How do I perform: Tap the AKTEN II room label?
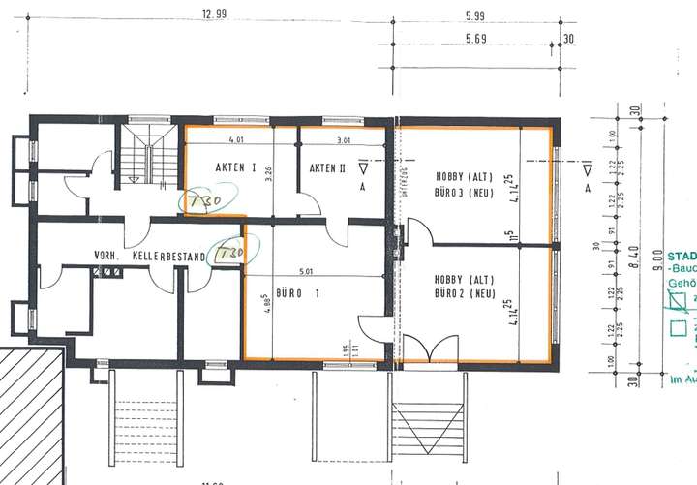tap(327, 168)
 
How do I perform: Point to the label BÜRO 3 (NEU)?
tap(459, 193)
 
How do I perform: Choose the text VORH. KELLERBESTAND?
tap(149, 257)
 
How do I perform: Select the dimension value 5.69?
tap(474, 40)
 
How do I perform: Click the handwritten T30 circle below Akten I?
tap(204, 201)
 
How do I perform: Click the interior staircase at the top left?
tap(145, 159)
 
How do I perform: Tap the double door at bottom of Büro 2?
tap(423, 348)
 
